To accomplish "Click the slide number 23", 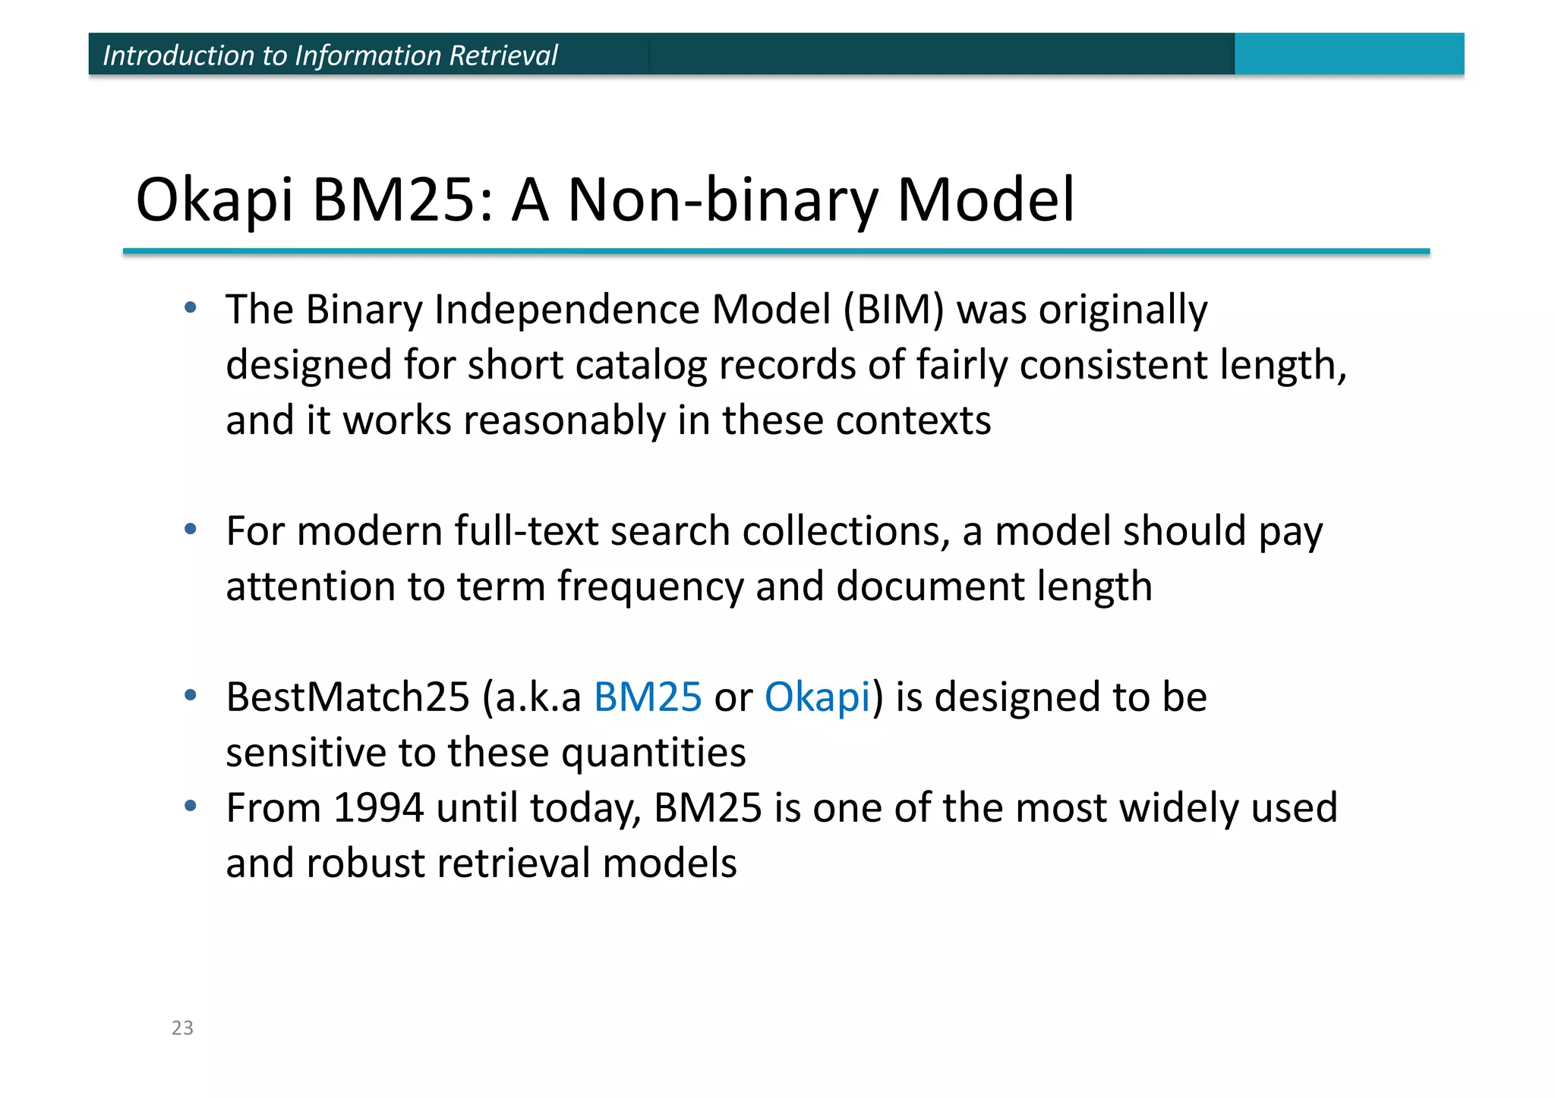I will point(182,1027).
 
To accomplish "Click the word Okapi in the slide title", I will point(214,200).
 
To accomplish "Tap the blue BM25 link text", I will point(648,697).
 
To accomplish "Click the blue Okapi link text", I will point(817,698).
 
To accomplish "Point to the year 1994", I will point(378,807).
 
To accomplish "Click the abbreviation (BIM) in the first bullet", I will point(893,310).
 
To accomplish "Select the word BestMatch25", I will point(348,697).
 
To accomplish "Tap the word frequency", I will point(651,587).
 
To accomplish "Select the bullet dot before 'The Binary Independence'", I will point(191,307).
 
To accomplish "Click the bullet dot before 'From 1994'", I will point(191,805).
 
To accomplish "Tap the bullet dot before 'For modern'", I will point(191,528).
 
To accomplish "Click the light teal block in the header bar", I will point(1348,54).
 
